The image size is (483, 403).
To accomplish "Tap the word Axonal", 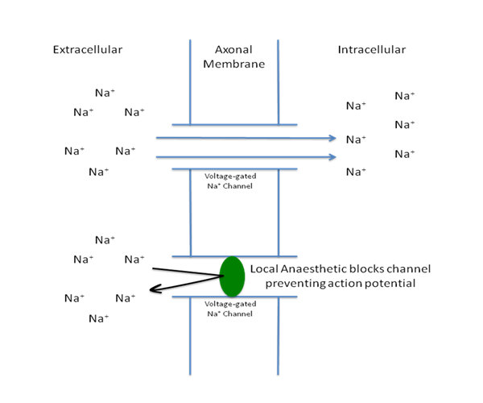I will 233,49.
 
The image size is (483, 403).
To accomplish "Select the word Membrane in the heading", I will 233,64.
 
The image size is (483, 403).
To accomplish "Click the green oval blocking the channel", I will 232,275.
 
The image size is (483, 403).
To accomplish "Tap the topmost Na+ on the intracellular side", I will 405,95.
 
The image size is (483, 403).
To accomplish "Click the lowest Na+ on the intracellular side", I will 356,171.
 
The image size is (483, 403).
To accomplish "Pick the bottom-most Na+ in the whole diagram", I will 99,318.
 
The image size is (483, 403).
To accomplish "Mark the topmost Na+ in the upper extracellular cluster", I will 105,93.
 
